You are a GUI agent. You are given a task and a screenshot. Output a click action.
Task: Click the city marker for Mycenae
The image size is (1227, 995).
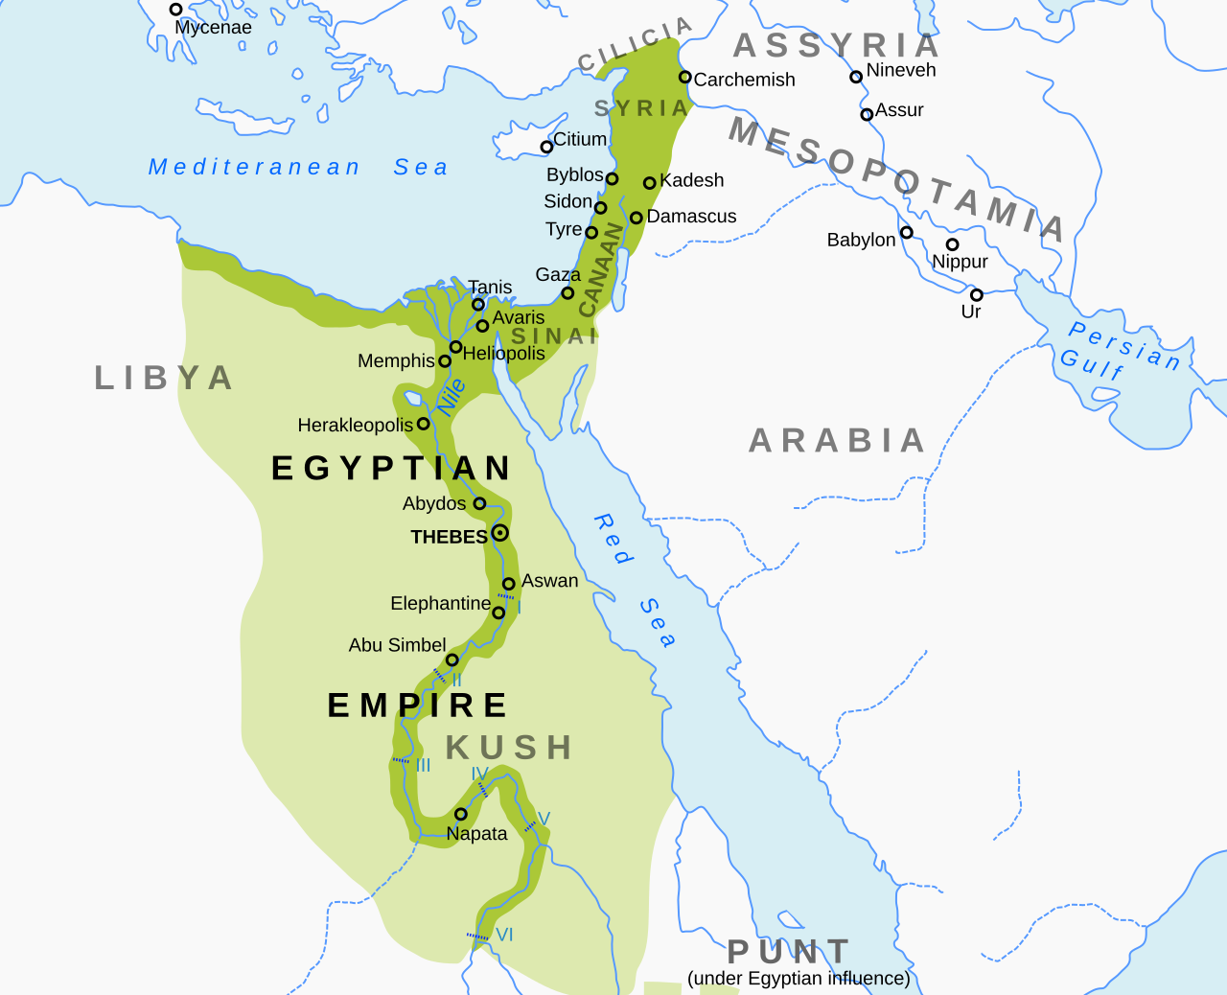click(x=175, y=10)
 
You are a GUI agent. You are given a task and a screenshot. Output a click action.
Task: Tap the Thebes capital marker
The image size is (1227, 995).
click(x=499, y=533)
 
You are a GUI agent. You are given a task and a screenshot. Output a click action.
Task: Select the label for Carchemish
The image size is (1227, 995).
click(x=744, y=80)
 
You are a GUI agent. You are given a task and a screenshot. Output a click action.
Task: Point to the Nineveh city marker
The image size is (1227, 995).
click(x=856, y=77)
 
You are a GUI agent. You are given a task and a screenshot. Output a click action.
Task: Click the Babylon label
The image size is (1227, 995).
click(x=861, y=240)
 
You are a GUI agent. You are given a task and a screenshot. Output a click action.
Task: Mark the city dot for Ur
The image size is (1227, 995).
click(x=976, y=295)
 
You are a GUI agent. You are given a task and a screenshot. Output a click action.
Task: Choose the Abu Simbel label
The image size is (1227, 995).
click(x=397, y=645)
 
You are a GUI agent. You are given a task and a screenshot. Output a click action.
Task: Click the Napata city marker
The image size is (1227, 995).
click(x=460, y=814)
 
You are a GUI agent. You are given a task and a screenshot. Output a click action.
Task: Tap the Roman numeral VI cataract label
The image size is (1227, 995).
click(x=504, y=935)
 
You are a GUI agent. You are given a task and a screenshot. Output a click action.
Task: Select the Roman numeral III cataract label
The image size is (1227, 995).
click(x=423, y=765)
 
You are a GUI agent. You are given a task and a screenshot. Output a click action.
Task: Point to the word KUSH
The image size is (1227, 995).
click(x=509, y=748)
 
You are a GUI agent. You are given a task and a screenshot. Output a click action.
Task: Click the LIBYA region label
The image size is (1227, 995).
click(x=164, y=378)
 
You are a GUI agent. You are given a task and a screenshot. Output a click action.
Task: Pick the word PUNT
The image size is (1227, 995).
click(x=789, y=952)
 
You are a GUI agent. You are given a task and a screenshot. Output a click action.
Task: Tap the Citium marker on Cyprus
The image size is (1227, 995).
click(x=546, y=147)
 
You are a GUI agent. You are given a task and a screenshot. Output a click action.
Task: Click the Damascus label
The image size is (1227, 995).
click(x=691, y=217)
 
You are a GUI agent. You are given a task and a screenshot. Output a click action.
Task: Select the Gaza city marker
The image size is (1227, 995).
click(x=567, y=293)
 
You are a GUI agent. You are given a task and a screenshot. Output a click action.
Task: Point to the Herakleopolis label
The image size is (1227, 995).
click(x=355, y=425)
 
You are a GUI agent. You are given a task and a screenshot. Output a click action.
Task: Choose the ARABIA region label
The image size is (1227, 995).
click(x=837, y=441)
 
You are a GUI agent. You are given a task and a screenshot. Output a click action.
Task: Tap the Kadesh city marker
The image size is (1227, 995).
click(x=649, y=182)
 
